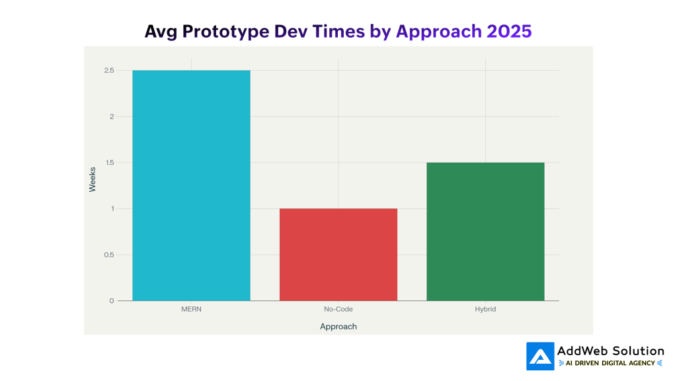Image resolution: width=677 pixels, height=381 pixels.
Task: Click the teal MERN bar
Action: point(191,185)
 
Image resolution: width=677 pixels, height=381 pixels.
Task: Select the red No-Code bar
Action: point(338,255)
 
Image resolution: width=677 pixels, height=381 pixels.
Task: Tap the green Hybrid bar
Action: point(485,232)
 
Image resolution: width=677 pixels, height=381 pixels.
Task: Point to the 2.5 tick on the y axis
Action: point(108,71)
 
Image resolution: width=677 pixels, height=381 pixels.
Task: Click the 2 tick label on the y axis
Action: point(111,117)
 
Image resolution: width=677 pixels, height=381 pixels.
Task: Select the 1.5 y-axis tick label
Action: point(108,163)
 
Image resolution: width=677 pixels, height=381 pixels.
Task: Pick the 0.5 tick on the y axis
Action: point(108,255)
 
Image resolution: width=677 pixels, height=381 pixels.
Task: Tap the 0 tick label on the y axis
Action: point(111,301)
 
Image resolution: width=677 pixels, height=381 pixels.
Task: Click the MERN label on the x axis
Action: point(191,310)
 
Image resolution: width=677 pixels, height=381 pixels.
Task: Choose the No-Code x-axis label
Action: point(338,310)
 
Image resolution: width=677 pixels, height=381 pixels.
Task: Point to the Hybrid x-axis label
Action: point(485,310)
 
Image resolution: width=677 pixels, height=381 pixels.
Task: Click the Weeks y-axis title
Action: point(93,179)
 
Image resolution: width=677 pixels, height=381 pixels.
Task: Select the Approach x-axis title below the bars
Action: point(338,327)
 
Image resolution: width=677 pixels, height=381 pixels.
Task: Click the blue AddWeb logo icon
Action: point(539,356)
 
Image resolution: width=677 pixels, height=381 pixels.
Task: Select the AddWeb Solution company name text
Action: point(610,351)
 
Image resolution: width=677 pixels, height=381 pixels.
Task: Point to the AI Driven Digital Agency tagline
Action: point(610,363)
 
